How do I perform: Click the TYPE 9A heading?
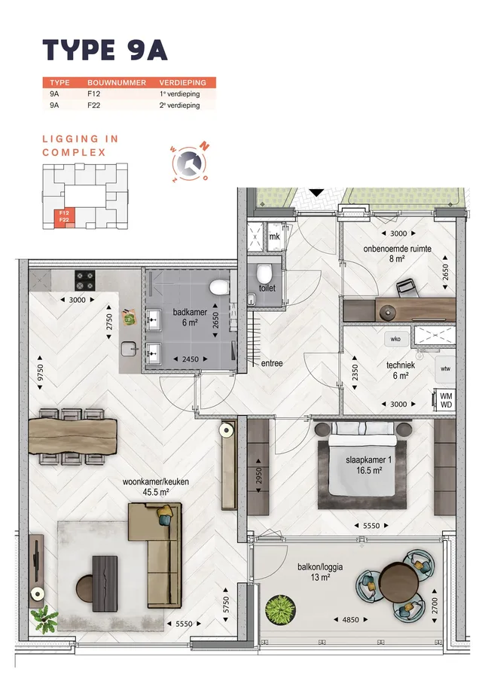pos(105,50)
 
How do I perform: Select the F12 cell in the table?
pos(94,94)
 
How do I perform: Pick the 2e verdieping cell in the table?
pos(179,105)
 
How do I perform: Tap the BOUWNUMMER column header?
pos(117,83)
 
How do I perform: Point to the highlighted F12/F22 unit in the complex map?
pos(64,217)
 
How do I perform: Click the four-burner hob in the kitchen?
pos(84,280)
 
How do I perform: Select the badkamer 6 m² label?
pos(190,317)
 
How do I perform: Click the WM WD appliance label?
pos(446,400)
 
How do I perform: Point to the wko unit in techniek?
pos(395,339)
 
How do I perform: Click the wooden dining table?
pos(73,435)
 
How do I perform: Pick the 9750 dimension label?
pos(41,373)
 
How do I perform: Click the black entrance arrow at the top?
pos(317,192)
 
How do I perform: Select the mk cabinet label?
pos(274,237)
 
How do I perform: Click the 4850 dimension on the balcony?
pos(350,620)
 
